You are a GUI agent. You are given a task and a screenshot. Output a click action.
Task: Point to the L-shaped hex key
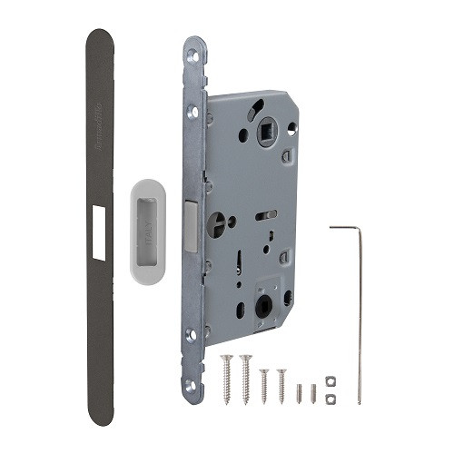coord(359,309)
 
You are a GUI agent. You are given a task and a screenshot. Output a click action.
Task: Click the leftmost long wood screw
coord(226,377)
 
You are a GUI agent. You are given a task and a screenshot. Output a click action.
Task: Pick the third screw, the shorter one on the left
coord(263,384)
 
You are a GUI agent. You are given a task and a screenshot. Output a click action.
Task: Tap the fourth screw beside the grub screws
coord(281,384)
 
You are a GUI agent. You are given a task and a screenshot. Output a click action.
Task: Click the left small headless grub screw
coord(301,394)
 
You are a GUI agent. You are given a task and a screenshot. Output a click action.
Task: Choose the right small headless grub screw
coord(313,394)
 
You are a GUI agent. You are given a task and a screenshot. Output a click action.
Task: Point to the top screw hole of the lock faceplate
coord(192,56)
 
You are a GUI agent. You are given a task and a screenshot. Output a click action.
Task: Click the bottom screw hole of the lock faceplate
coord(192,385)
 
